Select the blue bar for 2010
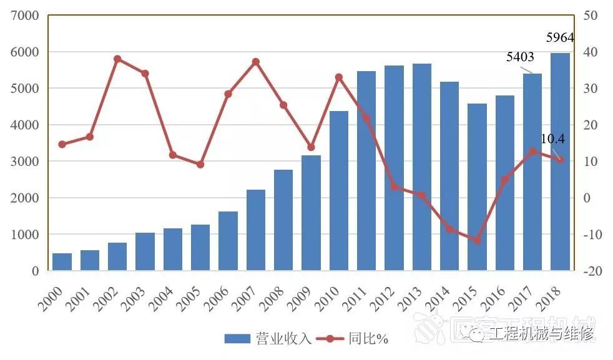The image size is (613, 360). tap(339, 191)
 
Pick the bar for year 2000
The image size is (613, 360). tap(62, 262)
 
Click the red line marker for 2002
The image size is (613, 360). tap(117, 59)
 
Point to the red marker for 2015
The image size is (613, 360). tap(477, 240)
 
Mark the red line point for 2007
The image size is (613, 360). tap(255, 62)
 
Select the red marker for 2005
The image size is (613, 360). tap(200, 165)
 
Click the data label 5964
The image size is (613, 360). tap(559, 37)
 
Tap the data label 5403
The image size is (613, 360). tap(520, 57)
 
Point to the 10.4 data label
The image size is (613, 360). tap(552, 139)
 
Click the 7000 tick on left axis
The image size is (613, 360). tap(26, 16)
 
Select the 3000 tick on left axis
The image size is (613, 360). tap(26, 162)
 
